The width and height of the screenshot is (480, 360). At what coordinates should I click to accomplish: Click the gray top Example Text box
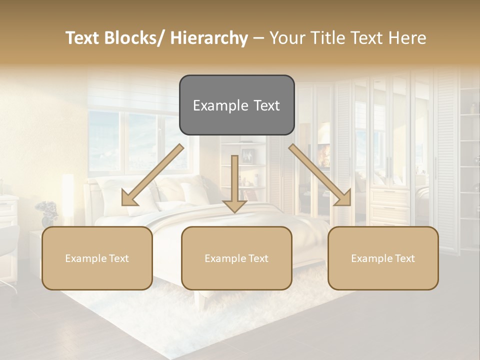coord(236,105)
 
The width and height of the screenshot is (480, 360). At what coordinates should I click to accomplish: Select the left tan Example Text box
coord(97,258)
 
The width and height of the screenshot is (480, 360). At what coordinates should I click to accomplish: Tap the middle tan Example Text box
coord(236,258)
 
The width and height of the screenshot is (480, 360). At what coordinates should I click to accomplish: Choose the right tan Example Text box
coord(383,258)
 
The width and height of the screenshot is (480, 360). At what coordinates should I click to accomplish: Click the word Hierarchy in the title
coord(209,38)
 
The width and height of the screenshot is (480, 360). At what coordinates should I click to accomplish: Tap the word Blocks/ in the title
coord(135,38)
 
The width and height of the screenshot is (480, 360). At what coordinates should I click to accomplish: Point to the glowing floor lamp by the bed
coord(67,200)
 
